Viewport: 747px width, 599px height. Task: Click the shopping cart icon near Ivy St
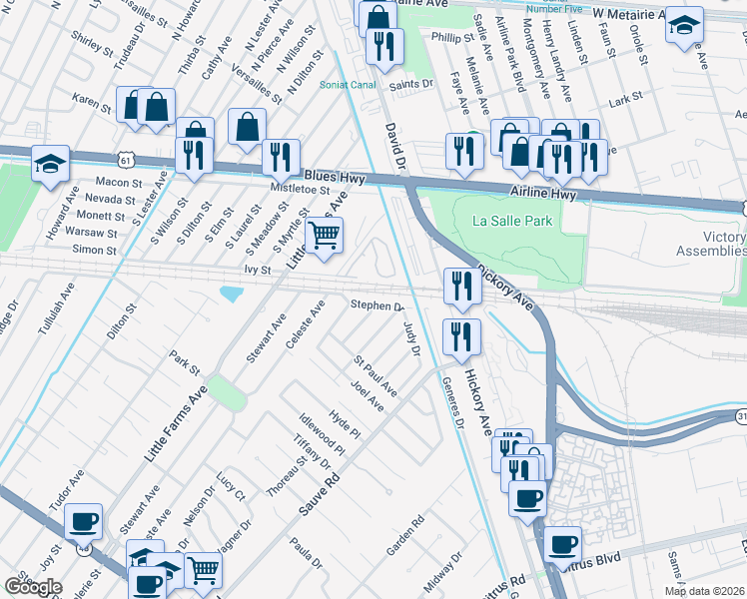(x=324, y=236)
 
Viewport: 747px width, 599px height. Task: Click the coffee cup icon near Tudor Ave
(x=84, y=520)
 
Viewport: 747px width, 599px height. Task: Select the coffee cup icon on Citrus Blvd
(x=563, y=543)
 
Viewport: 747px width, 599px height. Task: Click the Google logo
(x=33, y=586)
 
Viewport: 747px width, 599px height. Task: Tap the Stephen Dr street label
(x=374, y=305)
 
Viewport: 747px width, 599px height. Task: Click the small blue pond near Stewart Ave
(x=232, y=294)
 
